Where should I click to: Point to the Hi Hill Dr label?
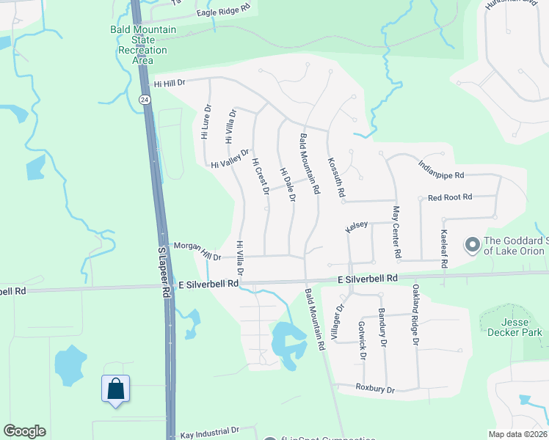(171, 84)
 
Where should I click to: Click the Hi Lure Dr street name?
(206, 122)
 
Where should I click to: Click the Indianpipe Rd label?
(441, 170)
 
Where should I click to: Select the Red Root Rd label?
(450, 197)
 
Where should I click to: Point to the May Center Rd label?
(396, 232)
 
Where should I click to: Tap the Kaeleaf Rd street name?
(443, 248)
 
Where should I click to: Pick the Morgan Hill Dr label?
(196, 251)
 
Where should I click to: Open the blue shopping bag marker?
(116, 388)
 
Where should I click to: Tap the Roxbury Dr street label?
(375, 388)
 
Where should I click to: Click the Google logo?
(25, 431)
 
